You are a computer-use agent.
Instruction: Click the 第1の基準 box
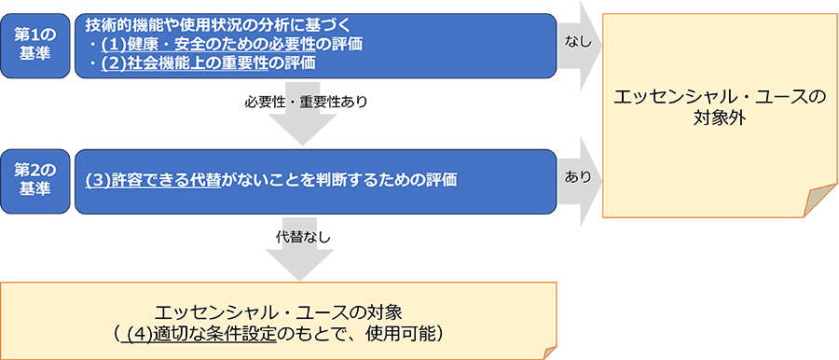[x=34, y=43]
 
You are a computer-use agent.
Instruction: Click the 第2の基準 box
[x=34, y=178]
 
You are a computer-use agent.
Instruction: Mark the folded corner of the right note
[x=821, y=201]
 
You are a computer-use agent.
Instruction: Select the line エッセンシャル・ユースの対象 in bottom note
[x=279, y=310]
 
